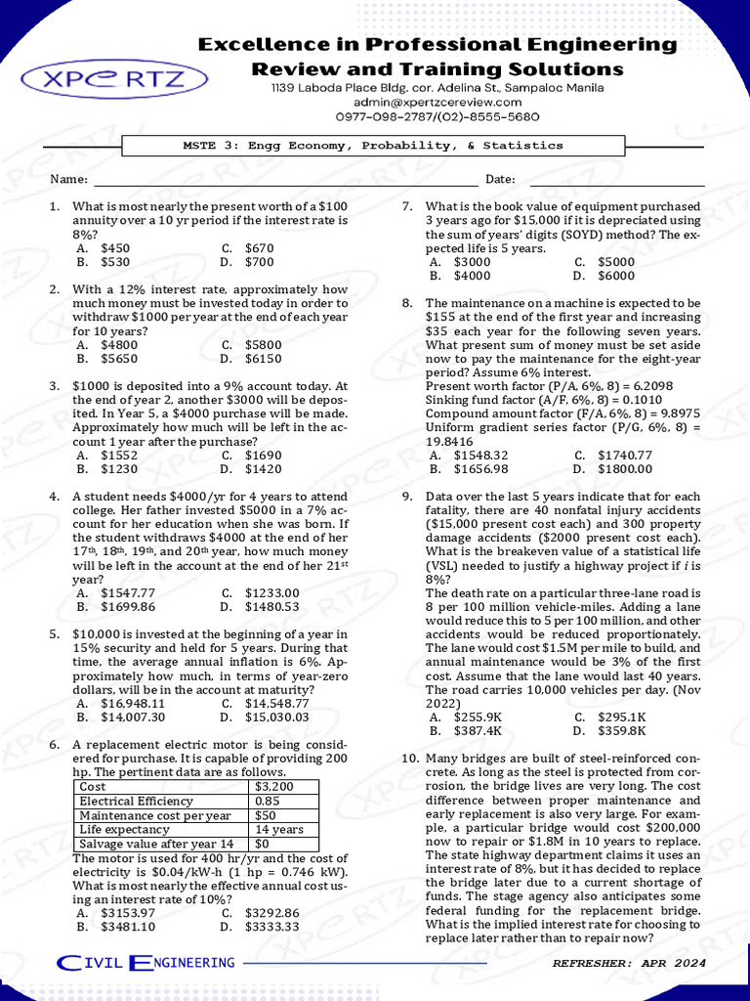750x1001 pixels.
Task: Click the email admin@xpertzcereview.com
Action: tap(437, 102)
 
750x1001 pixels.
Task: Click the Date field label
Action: tap(500, 180)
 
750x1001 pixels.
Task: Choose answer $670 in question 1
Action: tap(260, 248)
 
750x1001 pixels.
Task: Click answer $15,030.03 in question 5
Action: tap(277, 717)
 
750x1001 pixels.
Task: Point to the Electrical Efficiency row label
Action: tap(136, 802)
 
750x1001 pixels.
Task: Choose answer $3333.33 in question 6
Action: tap(272, 927)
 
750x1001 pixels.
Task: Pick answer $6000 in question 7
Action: tap(616, 276)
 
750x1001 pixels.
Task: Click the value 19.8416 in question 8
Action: tap(450, 441)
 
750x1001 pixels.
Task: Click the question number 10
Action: tap(410, 759)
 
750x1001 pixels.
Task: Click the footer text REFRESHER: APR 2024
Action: tap(628, 964)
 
